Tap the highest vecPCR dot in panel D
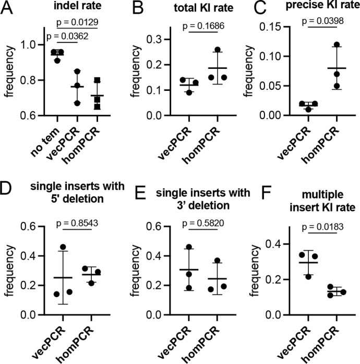point(63,247)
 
